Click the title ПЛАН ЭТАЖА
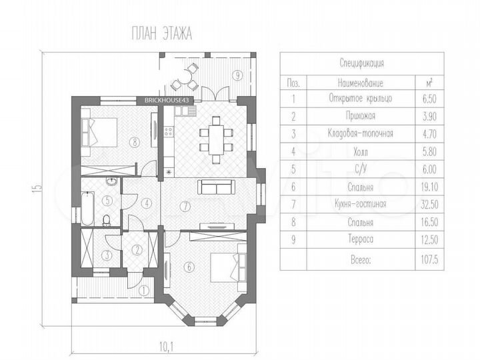pyautogui.click(x=161, y=33)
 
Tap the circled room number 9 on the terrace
pyautogui.click(x=237, y=75)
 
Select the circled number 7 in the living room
pyautogui.click(x=185, y=207)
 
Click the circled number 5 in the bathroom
pyautogui.click(x=107, y=201)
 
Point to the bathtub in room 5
pyautogui.click(x=87, y=209)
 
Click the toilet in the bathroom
pyautogui.click(x=106, y=221)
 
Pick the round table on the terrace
pyautogui.click(x=186, y=77)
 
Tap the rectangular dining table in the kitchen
pyautogui.click(x=216, y=139)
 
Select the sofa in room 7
pyautogui.click(x=217, y=187)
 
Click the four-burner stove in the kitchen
pyautogui.click(x=169, y=131)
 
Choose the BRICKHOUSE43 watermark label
pyautogui.click(x=167, y=100)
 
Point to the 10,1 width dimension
pyautogui.click(x=166, y=347)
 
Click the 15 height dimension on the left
pyautogui.click(x=36, y=187)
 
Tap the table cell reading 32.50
pyautogui.click(x=429, y=205)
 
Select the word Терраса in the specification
pyautogui.click(x=361, y=239)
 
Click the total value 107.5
pyautogui.click(x=429, y=259)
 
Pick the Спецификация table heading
pyautogui.click(x=361, y=63)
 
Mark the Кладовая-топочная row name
pyautogui.click(x=360, y=133)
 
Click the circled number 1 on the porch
pyautogui.click(x=143, y=291)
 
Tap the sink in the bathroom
pyautogui.click(x=112, y=181)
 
